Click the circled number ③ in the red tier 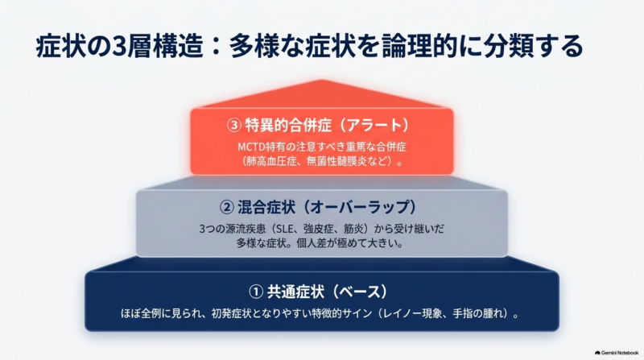(x=234, y=126)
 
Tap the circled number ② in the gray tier (x=227, y=207)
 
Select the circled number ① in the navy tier (x=256, y=292)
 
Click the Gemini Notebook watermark (x=617, y=353)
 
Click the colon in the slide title (x=217, y=47)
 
